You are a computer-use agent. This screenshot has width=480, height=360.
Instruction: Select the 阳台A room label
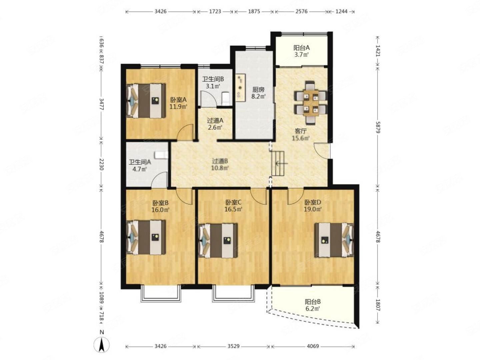(x=301, y=47)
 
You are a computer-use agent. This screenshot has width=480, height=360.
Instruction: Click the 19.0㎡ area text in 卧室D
(x=312, y=209)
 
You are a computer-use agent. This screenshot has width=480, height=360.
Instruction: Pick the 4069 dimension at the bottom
(x=313, y=346)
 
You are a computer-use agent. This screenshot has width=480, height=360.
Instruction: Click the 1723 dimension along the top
(x=215, y=11)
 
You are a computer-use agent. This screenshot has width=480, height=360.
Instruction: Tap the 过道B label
(x=220, y=161)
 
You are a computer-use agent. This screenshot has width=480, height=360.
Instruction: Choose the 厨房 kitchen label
(x=258, y=90)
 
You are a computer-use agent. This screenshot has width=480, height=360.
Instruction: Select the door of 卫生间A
(x=159, y=180)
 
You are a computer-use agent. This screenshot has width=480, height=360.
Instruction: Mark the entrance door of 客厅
(x=322, y=150)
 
